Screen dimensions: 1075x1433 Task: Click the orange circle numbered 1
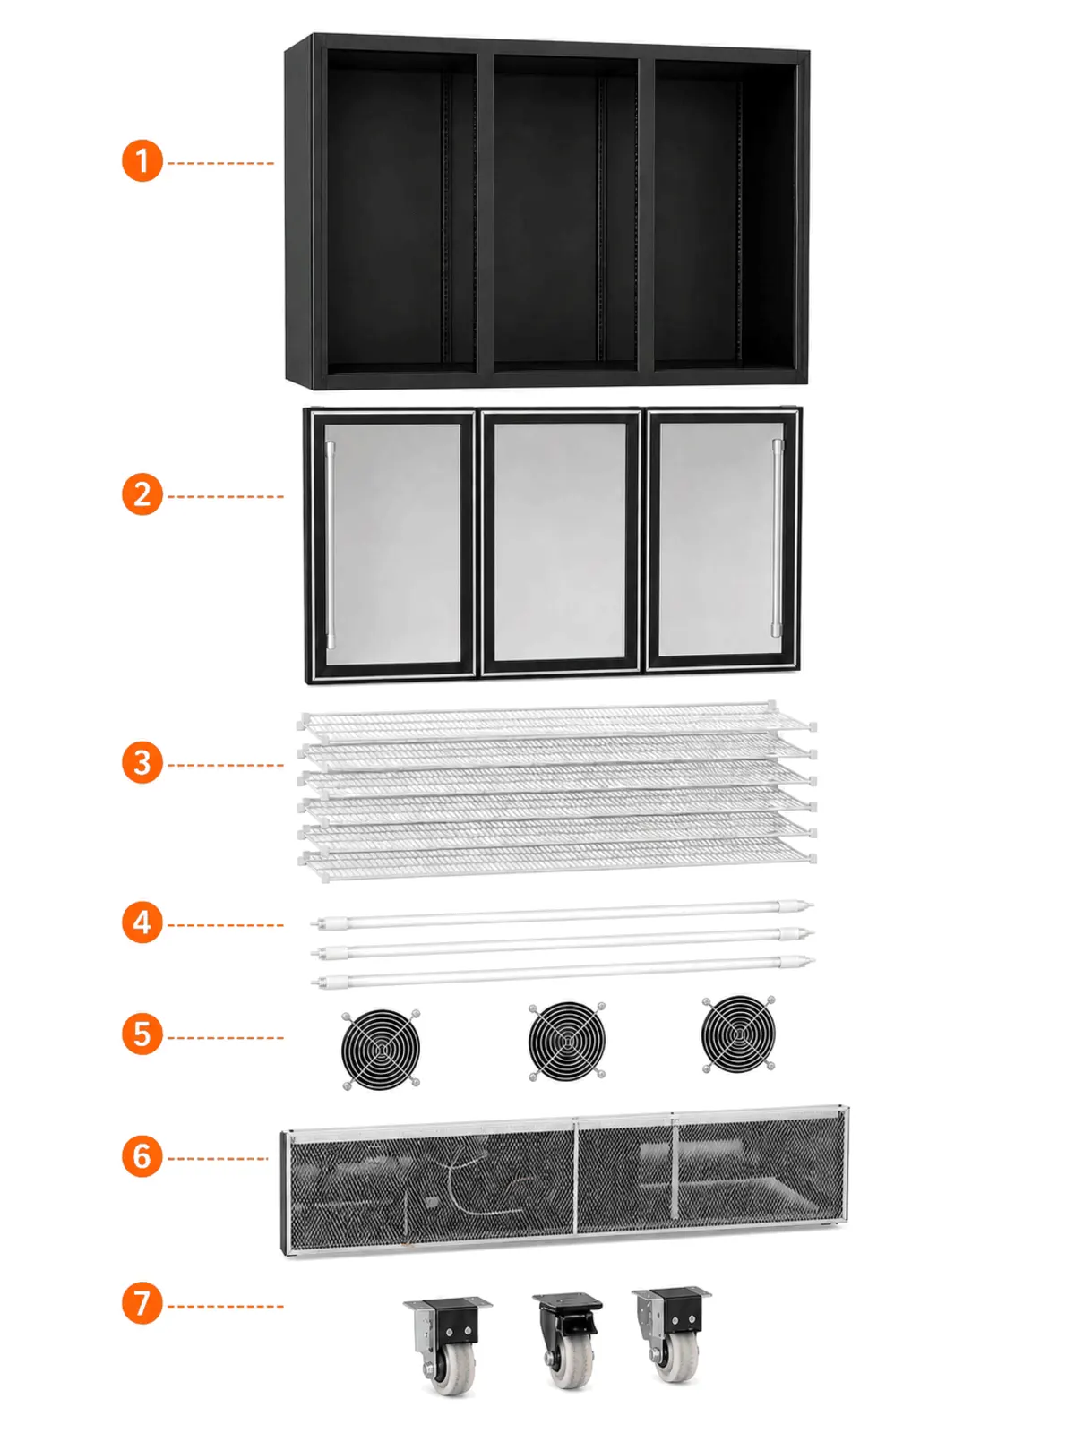point(142,160)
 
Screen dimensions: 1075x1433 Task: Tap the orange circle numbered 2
point(142,494)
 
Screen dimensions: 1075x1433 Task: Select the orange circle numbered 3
point(142,762)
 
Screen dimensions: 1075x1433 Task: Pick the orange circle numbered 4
point(142,922)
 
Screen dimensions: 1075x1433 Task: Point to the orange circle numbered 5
point(142,1034)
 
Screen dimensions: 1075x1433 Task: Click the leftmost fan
point(381,1049)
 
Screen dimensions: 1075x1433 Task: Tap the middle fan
point(566,1042)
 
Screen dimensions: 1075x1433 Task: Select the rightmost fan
point(738,1034)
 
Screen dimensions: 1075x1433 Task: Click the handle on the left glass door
point(331,545)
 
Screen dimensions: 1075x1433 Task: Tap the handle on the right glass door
point(777,537)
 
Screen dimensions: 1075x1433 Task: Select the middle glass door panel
point(561,542)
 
